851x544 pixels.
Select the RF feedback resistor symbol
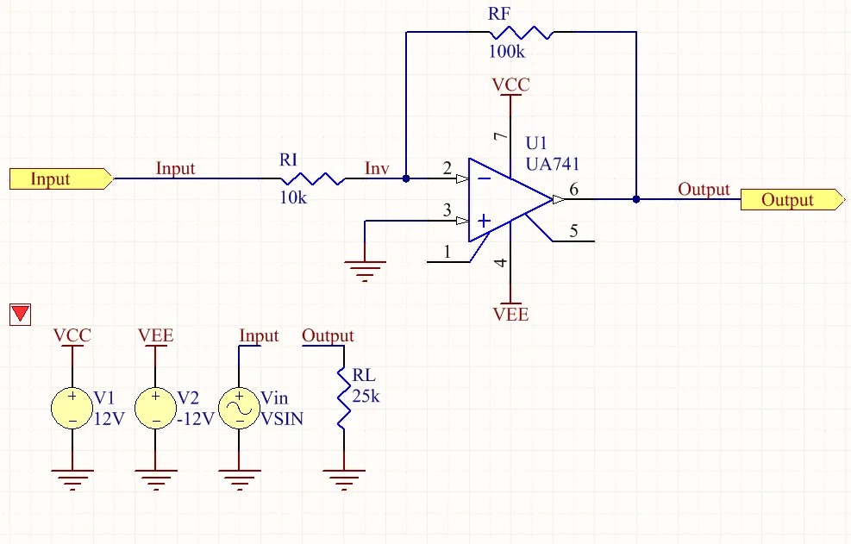pos(521,33)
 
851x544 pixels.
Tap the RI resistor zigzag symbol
pos(312,178)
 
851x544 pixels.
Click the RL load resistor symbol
pos(343,398)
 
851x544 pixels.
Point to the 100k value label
pos(507,52)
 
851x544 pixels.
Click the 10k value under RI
pos(293,197)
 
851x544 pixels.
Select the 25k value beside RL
pos(366,397)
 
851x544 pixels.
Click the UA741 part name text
pos(553,164)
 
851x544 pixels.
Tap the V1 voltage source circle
pos(72,409)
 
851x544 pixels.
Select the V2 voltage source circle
pos(156,409)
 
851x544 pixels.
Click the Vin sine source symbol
pos(240,409)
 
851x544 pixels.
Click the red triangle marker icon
pos(21,315)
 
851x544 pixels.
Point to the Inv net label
pos(377,168)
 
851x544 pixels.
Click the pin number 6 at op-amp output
pos(573,189)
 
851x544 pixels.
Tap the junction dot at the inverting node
pos(406,178)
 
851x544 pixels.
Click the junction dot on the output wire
pos(636,199)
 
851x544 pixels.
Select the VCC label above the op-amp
pos(510,84)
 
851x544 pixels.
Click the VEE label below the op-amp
pos(510,315)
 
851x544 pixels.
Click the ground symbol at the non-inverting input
pos(365,271)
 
